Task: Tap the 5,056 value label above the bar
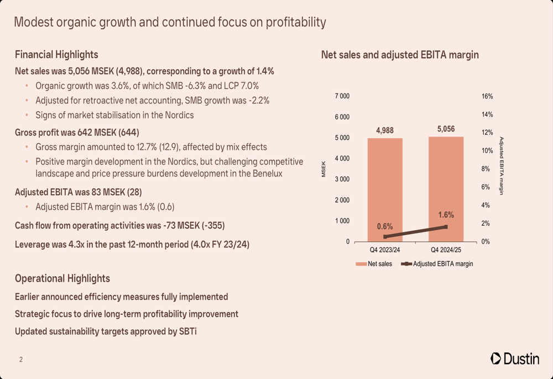(446, 129)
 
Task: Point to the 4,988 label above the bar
(385, 131)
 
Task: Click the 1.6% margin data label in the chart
(446, 215)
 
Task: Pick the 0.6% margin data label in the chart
(385, 226)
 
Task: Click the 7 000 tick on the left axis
(342, 96)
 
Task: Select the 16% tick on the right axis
(487, 96)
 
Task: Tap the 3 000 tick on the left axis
(342, 179)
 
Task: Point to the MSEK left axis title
(324, 169)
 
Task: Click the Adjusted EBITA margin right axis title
(502, 165)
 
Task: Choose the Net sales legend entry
(374, 264)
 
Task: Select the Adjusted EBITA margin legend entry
(437, 264)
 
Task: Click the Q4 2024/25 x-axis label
(446, 251)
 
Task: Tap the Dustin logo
(515, 359)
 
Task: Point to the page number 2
(21, 360)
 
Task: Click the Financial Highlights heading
(56, 55)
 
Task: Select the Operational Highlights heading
(62, 278)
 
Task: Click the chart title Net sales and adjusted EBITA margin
(400, 55)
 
